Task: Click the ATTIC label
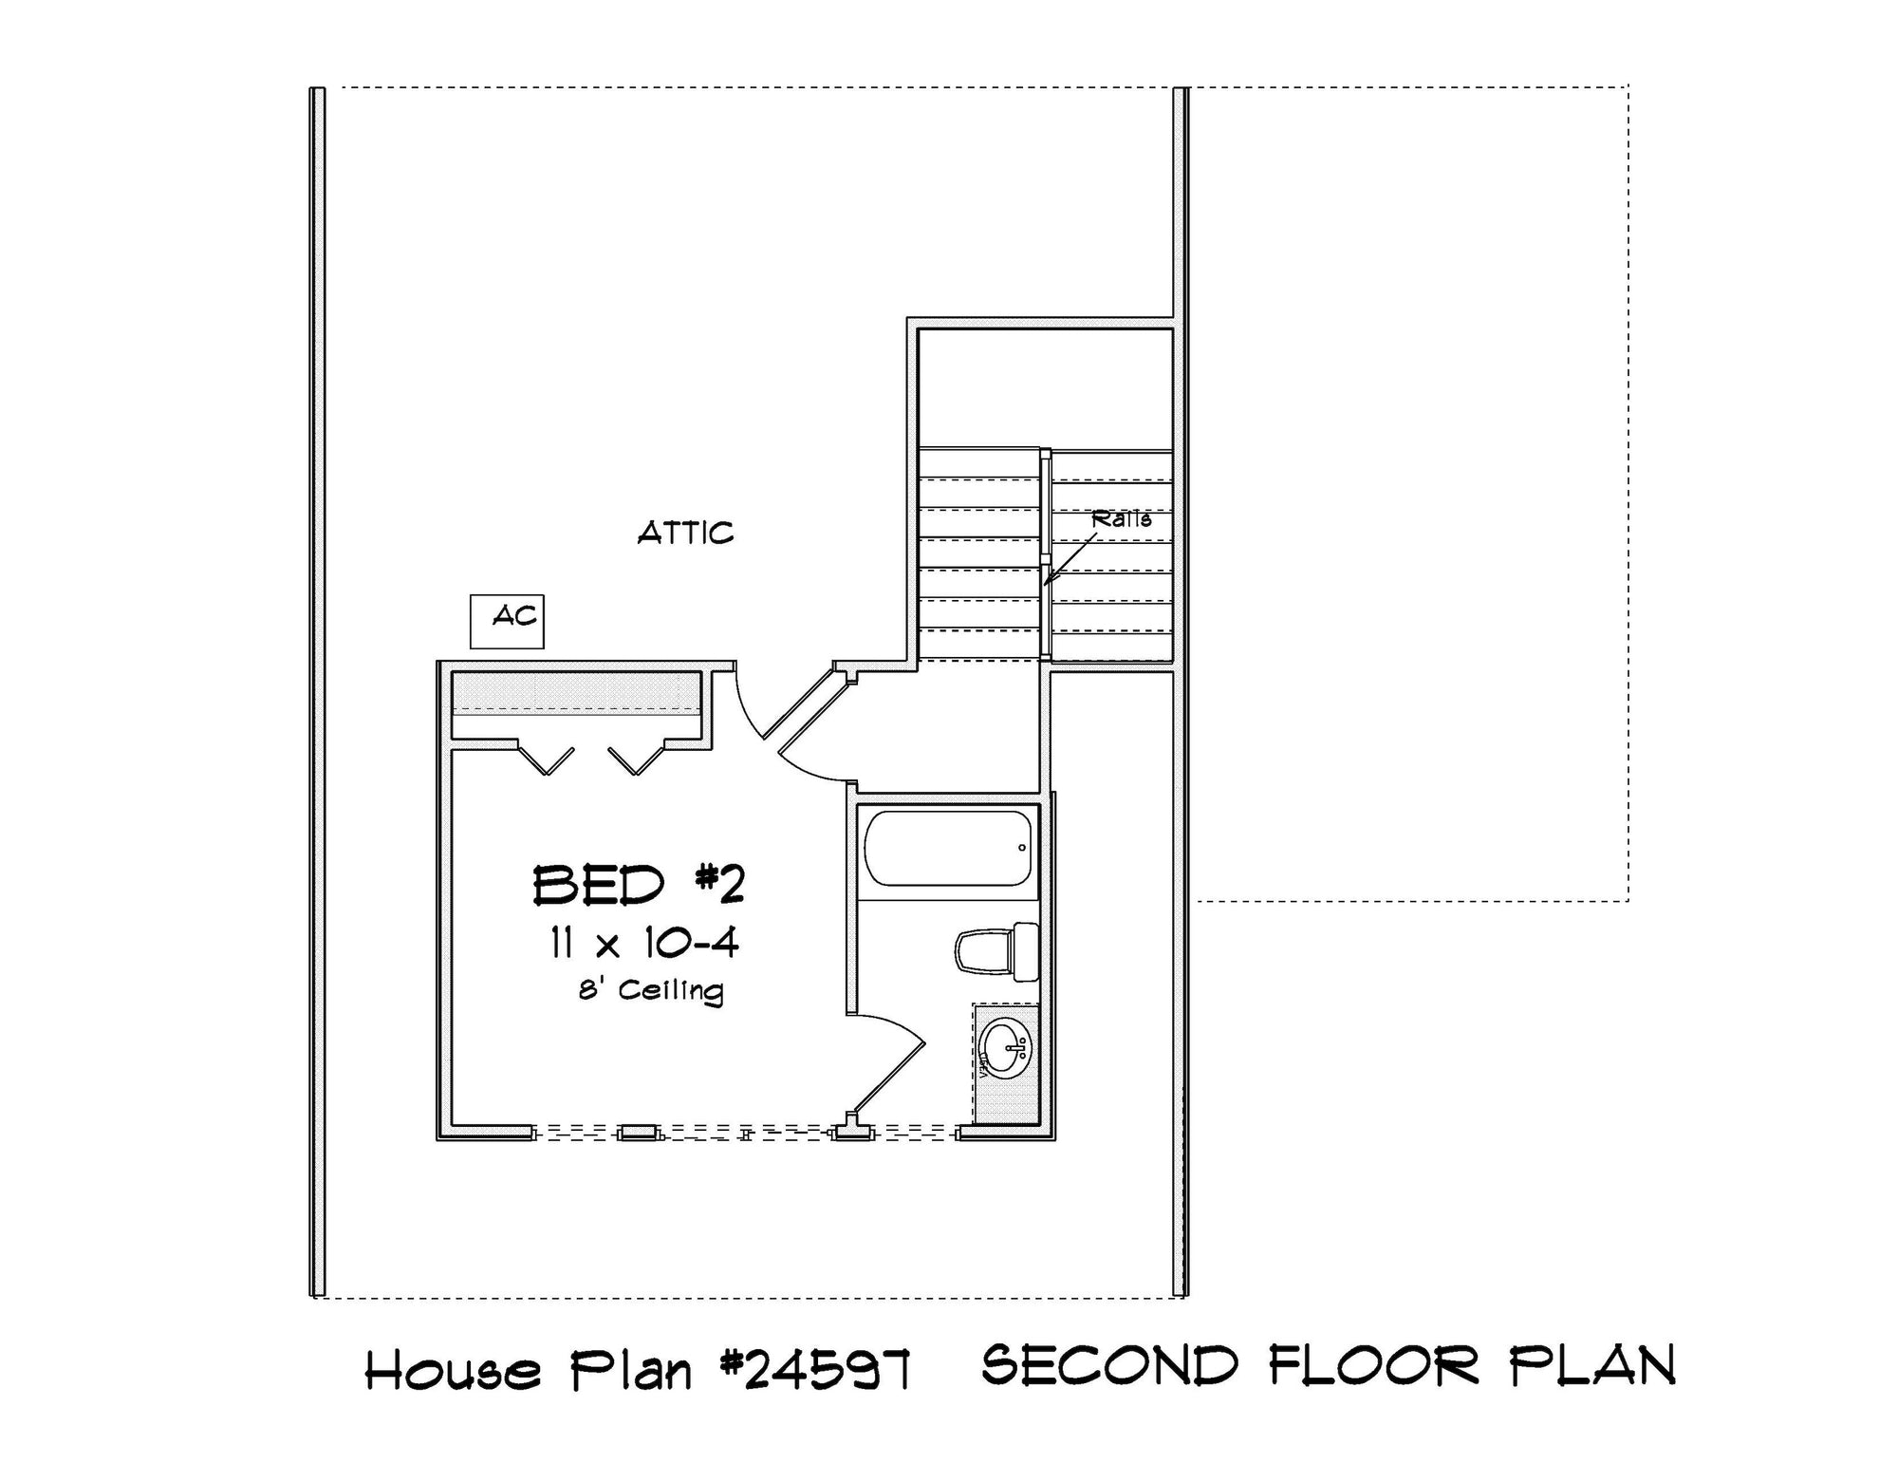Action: tap(685, 533)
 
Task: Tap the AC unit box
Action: tap(508, 622)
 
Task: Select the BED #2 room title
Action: tap(639, 885)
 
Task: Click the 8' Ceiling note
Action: tap(651, 990)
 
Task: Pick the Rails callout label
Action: tap(1121, 519)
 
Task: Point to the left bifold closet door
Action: tap(546, 760)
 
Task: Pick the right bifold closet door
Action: tap(636, 760)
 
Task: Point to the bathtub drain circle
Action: tap(1022, 848)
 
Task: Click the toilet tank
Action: tap(1025, 950)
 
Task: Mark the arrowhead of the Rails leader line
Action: tap(1045, 583)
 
